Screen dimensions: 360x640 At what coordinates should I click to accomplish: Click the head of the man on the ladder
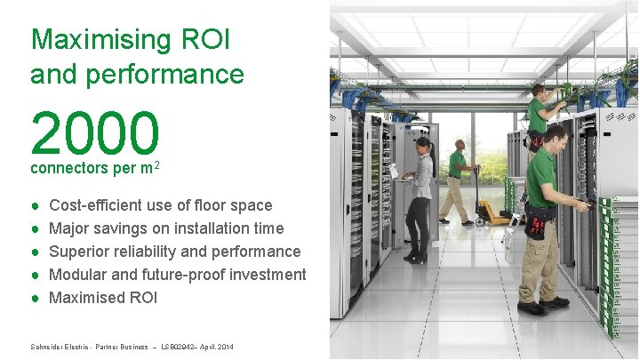coord(537,91)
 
